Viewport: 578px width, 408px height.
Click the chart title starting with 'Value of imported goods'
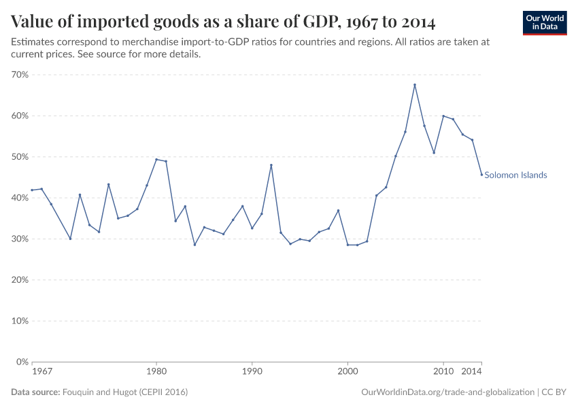pyautogui.click(x=223, y=22)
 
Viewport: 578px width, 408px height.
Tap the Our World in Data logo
pyautogui.click(x=545, y=22)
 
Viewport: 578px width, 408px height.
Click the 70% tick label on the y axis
pyautogui.click(x=19, y=75)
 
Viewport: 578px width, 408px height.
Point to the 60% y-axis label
pyautogui.click(x=19, y=116)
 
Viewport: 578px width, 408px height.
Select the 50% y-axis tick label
pyautogui.click(x=19, y=157)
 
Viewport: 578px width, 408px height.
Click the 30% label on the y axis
pyautogui.click(x=19, y=239)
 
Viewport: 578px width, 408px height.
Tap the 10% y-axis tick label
pyautogui.click(x=19, y=321)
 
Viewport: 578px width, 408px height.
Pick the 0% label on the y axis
pyautogui.click(x=22, y=362)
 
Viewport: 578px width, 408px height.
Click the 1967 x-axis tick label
pyautogui.click(x=42, y=373)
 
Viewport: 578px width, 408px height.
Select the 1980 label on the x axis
pyautogui.click(x=156, y=373)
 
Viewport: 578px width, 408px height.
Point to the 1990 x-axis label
pyautogui.click(x=252, y=373)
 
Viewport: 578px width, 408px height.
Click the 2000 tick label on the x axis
pyautogui.click(x=347, y=373)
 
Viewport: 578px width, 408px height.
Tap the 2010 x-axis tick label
pyautogui.click(x=443, y=373)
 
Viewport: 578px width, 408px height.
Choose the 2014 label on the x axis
pyautogui.click(x=472, y=373)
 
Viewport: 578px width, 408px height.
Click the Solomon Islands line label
pyautogui.click(x=515, y=175)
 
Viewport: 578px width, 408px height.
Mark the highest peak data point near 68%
pyautogui.click(x=415, y=85)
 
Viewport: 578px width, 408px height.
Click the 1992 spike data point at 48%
pyautogui.click(x=271, y=165)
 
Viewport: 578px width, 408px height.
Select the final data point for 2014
pyautogui.click(x=481, y=175)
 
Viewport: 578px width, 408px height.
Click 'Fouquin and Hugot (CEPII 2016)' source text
pyautogui.click(x=125, y=392)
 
